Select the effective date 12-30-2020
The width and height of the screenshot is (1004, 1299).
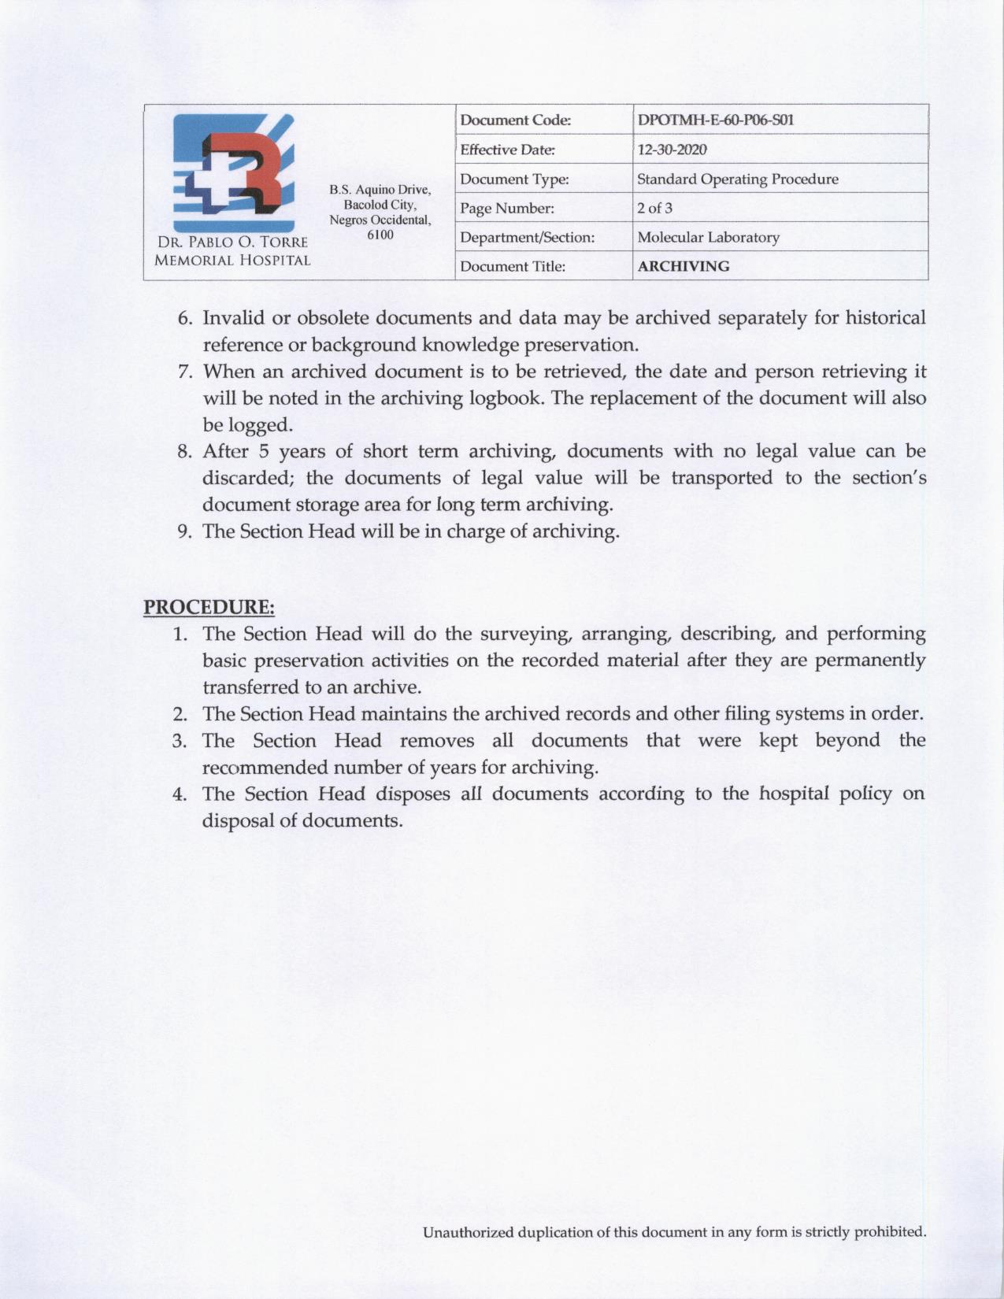coord(672,150)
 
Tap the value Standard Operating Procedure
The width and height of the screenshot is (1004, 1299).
coord(737,179)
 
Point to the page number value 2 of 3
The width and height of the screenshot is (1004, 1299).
coord(654,208)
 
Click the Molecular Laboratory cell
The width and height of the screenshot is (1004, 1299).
coord(708,237)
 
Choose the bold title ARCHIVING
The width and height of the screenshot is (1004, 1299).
coord(683,266)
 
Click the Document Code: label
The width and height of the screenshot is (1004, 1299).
coord(515,120)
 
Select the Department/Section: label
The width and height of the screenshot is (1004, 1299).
coord(527,237)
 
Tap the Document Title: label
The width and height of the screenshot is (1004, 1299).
coord(513,266)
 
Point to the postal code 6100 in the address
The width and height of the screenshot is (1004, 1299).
coord(380,235)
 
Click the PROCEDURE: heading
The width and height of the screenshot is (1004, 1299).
coord(209,607)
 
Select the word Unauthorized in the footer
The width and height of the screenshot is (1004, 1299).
coord(468,1232)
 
